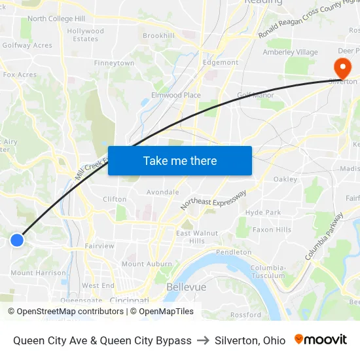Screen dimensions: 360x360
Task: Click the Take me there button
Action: (180, 160)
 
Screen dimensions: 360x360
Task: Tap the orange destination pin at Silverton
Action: (342, 68)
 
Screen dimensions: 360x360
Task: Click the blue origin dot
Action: (17, 240)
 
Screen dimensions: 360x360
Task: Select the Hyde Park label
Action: (263, 213)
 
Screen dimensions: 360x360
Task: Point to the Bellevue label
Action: (187, 287)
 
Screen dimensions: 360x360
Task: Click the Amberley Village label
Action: (290, 52)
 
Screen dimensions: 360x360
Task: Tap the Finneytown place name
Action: (115, 63)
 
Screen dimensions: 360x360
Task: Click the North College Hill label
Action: (56, 19)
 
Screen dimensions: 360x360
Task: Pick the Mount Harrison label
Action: (38, 273)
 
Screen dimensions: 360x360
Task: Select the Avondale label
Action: (163, 192)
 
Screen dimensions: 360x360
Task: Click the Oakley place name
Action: (285, 179)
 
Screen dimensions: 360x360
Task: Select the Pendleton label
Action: (234, 252)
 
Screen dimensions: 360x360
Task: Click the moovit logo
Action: (321, 340)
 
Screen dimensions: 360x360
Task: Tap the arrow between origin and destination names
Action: (203, 340)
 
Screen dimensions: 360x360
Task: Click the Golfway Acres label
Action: (27, 46)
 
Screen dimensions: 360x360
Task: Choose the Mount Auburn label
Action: (142, 264)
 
